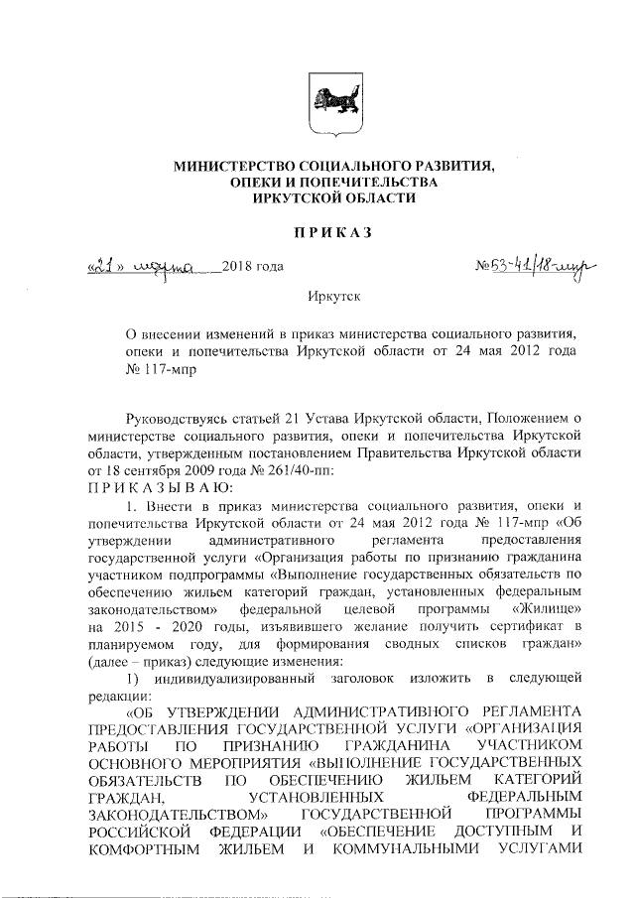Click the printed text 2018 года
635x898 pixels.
click(x=255, y=266)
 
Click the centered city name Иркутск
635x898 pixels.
click(x=331, y=297)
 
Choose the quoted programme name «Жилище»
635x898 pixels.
click(x=546, y=604)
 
